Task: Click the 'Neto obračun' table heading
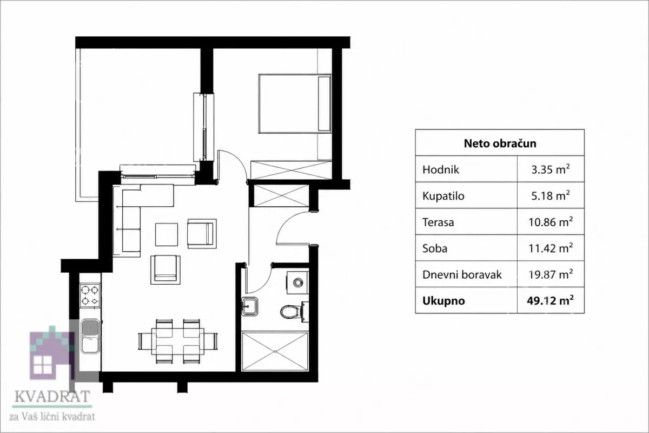click(500, 143)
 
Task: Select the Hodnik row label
click(441, 169)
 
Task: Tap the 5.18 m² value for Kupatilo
click(550, 196)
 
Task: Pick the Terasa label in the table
click(438, 222)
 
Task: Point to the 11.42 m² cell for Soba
click(551, 248)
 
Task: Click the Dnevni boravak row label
click(462, 274)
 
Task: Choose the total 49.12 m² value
click(550, 301)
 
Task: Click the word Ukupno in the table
click(443, 301)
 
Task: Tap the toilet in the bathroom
click(294, 312)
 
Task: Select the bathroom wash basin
click(249, 306)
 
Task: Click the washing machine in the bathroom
click(297, 283)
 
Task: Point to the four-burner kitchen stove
click(90, 296)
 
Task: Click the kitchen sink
click(90, 337)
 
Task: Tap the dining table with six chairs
click(177, 342)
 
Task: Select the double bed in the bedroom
click(295, 103)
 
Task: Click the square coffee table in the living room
click(167, 234)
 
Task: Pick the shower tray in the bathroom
click(275, 351)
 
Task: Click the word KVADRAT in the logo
click(52, 396)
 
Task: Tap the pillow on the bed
click(324, 103)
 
